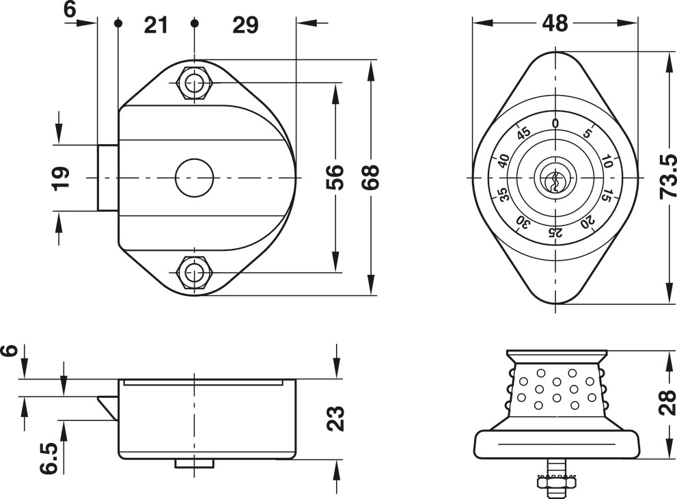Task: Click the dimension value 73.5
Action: (x=666, y=177)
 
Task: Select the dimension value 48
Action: (x=555, y=23)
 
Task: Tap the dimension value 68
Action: (x=370, y=177)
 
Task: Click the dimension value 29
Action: (x=245, y=25)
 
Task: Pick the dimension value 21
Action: (x=156, y=25)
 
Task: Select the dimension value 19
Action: (x=60, y=177)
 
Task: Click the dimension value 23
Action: (x=335, y=418)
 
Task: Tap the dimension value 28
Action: (x=666, y=403)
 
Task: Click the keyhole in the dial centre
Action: (x=555, y=180)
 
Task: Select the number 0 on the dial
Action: (x=555, y=123)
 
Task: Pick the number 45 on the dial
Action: (x=523, y=133)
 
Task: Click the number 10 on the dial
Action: (x=607, y=162)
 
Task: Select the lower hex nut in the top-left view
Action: (x=195, y=273)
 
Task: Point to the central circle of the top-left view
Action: (x=194, y=178)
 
